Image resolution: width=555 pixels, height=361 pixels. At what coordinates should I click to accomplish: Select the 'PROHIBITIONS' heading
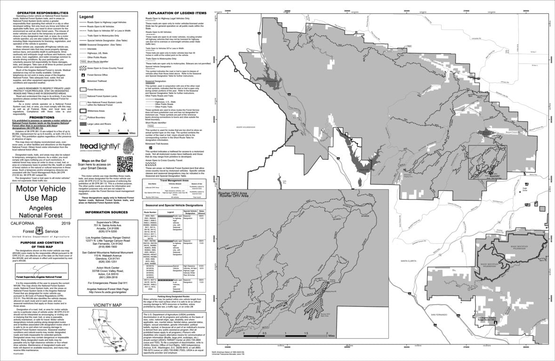[36, 117]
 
